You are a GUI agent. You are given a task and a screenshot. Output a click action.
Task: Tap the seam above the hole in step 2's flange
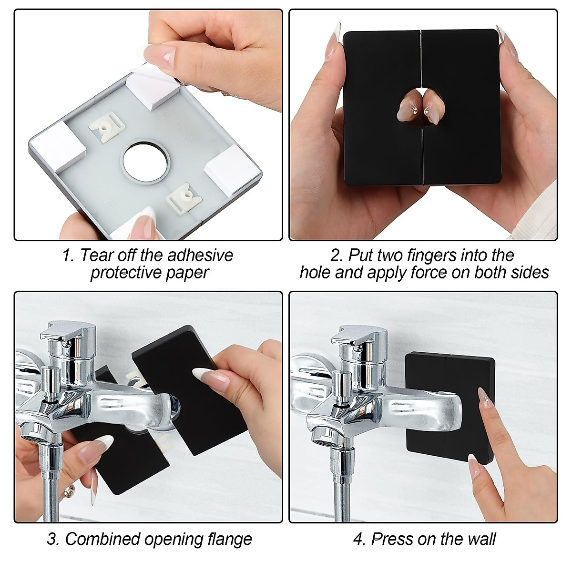421,57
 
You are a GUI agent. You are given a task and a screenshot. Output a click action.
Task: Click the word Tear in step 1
95,255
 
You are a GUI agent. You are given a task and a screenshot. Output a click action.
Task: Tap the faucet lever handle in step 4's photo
356,335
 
